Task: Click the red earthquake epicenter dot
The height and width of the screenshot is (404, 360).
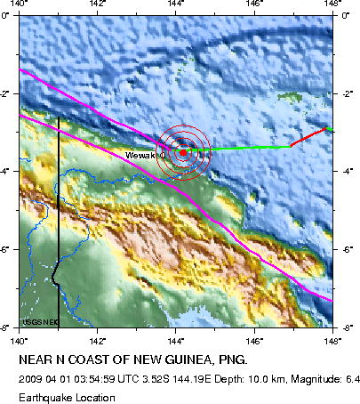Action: (183, 152)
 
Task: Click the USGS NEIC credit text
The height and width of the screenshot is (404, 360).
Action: (36, 321)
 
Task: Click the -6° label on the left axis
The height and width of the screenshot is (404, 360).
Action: (9, 250)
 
